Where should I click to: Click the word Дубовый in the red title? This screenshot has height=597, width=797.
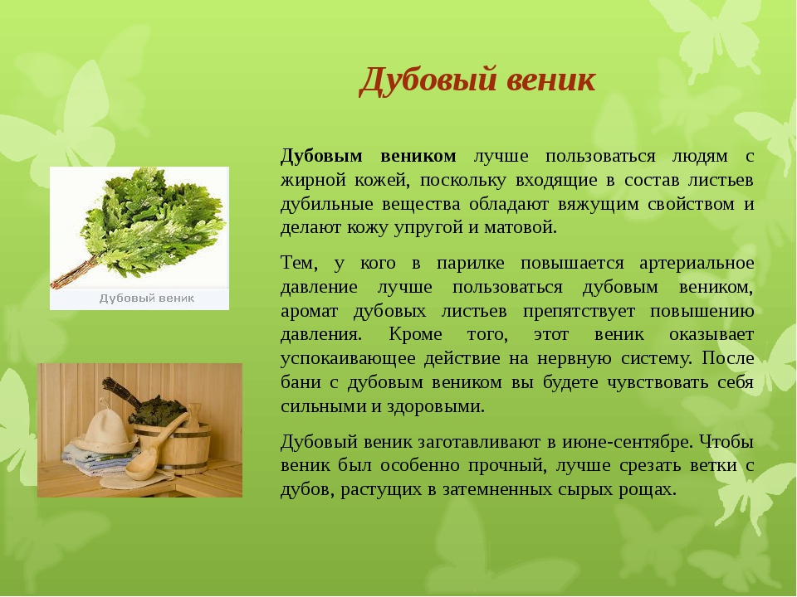428,80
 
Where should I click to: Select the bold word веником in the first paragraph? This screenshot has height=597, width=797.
418,156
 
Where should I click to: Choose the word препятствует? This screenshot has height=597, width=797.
579,311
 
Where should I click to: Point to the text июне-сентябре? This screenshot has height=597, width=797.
628,442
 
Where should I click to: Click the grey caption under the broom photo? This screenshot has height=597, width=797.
146,298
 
